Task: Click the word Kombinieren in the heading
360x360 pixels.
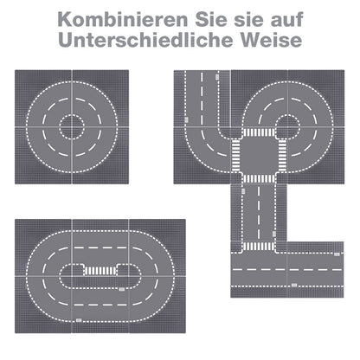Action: (123, 20)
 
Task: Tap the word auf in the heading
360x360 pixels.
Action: (286, 20)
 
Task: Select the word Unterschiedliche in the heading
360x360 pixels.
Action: (145, 40)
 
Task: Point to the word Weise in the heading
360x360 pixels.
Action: (271, 40)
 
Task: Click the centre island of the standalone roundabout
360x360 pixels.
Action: (72, 127)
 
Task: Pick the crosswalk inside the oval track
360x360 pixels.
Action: (100, 271)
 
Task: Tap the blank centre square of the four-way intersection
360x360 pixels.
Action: (259, 156)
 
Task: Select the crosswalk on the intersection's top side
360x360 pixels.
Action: (259, 132)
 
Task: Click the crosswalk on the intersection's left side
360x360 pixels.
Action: (236, 156)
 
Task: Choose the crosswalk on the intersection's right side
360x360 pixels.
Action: (282, 156)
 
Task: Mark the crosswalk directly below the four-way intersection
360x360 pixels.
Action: (259, 179)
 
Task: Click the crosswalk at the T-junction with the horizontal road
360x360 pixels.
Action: (259, 247)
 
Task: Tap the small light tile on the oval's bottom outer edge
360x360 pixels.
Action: (79, 320)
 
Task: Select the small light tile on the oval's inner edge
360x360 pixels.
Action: (122, 289)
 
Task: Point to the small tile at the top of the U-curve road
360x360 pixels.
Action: (217, 77)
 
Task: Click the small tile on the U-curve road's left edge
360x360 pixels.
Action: (186, 120)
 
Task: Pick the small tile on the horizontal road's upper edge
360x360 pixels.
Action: (337, 254)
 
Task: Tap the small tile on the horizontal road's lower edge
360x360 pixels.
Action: (294, 286)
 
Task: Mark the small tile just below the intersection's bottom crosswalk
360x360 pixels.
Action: (243, 191)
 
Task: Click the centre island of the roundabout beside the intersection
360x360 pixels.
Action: (287, 127)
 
